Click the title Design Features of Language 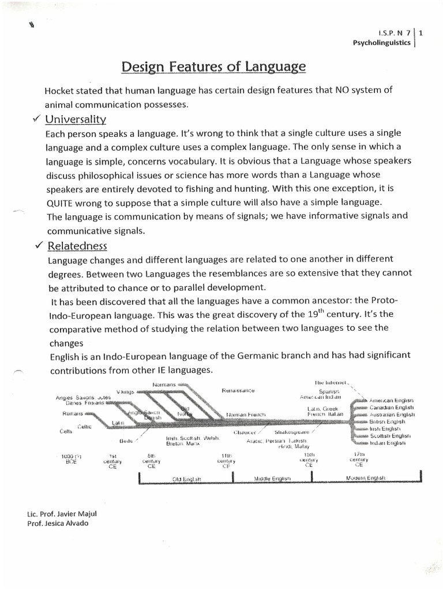click(x=213, y=68)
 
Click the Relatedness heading click(x=78, y=246)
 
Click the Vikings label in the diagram click(x=125, y=392)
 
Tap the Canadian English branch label click(x=392, y=407)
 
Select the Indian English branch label click(x=388, y=443)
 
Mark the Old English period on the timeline click(x=185, y=478)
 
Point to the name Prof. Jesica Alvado click(x=58, y=523)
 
